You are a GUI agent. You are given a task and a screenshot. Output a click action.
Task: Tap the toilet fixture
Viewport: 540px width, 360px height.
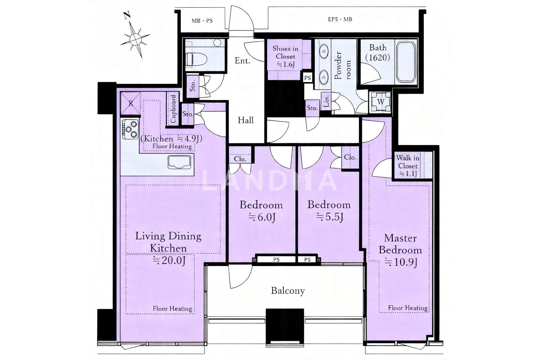pyautogui.click(x=197, y=59)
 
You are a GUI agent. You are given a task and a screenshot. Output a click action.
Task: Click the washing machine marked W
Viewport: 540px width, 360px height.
pyautogui.click(x=381, y=102)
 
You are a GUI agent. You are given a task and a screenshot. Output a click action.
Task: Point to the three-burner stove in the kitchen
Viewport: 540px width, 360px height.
pyautogui.click(x=130, y=129)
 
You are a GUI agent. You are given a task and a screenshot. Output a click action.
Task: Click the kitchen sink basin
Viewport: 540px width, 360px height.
pyautogui.click(x=179, y=162)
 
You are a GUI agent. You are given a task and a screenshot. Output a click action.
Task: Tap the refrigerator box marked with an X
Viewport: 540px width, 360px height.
pyautogui.click(x=130, y=103)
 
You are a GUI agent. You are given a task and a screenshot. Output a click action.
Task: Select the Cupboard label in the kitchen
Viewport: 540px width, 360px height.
pyautogui.click(x=173, y=109)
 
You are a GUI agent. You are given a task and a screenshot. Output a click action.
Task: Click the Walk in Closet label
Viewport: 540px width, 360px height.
pyautogui.click(x=408, y=166)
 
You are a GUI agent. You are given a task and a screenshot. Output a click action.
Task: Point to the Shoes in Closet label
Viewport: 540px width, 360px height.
pyautogui.click(x=285, y=57)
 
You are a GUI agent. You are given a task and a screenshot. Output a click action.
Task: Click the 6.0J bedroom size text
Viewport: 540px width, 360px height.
pyautogui.click(x=262, y=217)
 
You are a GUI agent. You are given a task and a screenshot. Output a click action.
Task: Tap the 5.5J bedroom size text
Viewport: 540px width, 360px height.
pyautogui.click(x=329, y=217)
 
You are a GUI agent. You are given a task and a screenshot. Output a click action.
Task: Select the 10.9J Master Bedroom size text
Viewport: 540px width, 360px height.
pyautogui.click(x=401, y=262)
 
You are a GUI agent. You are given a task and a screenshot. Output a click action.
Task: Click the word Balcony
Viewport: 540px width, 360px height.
pyautogui.click(x=288, y=291)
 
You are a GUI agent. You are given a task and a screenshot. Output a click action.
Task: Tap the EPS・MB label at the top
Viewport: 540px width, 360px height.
pyautogui.click(x=340, y=19)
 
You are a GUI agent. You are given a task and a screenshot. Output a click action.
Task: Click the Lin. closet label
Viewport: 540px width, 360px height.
pyautogui.click(x=326, y=100)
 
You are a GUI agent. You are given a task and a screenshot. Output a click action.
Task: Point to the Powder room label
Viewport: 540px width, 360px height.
pyautogui.click(x=342, y=66)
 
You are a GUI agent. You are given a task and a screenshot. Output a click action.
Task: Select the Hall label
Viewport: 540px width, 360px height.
pyautogui.click(x=246, y=120)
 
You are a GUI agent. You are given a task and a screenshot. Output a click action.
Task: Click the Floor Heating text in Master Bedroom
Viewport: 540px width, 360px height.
pyautogui.click(x=408, y=308)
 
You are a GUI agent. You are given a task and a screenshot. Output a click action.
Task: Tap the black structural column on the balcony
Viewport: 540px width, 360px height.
pyautogui.click(x=285, y=328)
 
